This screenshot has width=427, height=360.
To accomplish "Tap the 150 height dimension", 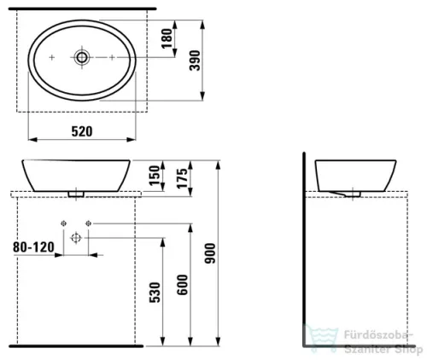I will pos(155,176).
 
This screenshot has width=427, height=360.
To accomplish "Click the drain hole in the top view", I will pos(81,57).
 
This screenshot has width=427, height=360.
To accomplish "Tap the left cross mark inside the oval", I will pos(52,57).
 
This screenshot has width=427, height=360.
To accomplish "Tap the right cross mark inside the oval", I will pos(112,57).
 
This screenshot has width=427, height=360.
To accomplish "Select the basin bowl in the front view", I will pos(76,174).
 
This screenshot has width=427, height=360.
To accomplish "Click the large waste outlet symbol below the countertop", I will pos(75,238).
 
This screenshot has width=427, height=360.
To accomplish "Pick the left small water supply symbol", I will pos(64,224).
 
